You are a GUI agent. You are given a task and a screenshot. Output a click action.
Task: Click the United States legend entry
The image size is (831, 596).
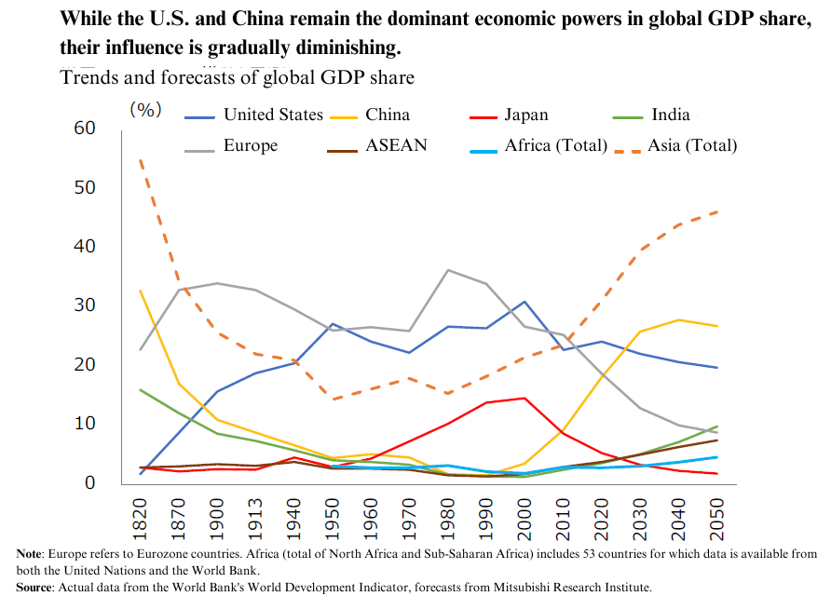(x=253, y=115)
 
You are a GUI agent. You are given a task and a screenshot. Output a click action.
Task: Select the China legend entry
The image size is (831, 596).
(x=370, y=115)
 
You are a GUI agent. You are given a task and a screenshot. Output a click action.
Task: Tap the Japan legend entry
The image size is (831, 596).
(x=509, y=115)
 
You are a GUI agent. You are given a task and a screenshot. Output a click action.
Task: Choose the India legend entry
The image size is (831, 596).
(x=651, y=115)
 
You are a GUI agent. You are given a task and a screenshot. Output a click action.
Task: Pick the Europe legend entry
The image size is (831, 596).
(x=231, y=145)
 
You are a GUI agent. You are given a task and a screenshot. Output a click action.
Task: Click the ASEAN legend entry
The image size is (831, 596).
(x=377, y=145)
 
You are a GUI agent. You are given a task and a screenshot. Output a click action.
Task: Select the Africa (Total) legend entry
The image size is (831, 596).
(x=538, y=145)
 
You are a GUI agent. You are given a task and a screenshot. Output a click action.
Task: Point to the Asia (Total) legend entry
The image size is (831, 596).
(x=675, y=145)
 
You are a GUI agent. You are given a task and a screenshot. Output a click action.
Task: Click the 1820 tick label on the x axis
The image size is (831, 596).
(x=140, y=520)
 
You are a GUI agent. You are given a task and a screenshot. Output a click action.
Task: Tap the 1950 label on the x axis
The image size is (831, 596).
(x=332, y=520)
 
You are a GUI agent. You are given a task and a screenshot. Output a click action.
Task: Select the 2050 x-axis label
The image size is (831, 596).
(x=716, y=520)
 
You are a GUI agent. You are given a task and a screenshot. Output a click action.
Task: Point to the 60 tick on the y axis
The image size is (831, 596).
(x=85, y=129)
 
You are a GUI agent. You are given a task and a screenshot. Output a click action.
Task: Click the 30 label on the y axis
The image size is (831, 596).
(x=85, y=305)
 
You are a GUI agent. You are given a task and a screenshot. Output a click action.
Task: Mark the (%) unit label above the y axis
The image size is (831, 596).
(x=145, y=110)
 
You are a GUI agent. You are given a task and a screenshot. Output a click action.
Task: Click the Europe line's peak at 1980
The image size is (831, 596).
(x=448, y=270)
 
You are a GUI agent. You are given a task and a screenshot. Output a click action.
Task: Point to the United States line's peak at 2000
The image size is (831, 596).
(x=524, y=302)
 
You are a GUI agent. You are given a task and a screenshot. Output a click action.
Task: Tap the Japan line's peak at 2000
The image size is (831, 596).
(x=524, y=398)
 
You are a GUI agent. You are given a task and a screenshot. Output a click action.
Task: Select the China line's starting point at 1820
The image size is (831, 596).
(x=140, y=291)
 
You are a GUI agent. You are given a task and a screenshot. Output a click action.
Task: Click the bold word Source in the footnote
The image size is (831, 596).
(x=34, y=587)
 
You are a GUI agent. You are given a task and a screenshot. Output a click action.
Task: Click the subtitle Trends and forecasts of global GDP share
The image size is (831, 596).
(x=238, y=77)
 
